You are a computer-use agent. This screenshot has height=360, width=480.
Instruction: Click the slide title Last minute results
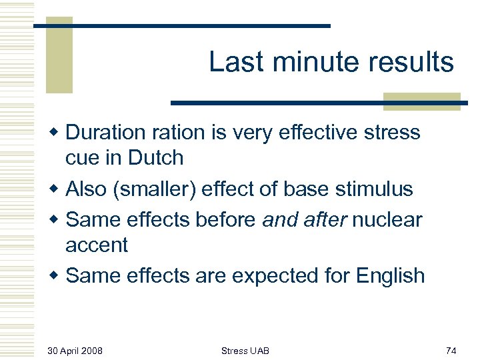coord(331,62)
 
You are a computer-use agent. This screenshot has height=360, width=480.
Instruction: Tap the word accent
coord(96,245)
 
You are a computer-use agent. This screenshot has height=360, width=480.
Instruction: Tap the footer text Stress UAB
coord(245,351)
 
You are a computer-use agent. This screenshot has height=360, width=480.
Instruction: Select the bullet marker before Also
coord(57,189)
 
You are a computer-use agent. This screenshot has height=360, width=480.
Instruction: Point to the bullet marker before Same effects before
coord(57,219)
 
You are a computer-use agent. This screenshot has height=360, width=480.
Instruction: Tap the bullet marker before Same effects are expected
coord(57,275)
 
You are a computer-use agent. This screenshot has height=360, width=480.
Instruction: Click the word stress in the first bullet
coord(391,133)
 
